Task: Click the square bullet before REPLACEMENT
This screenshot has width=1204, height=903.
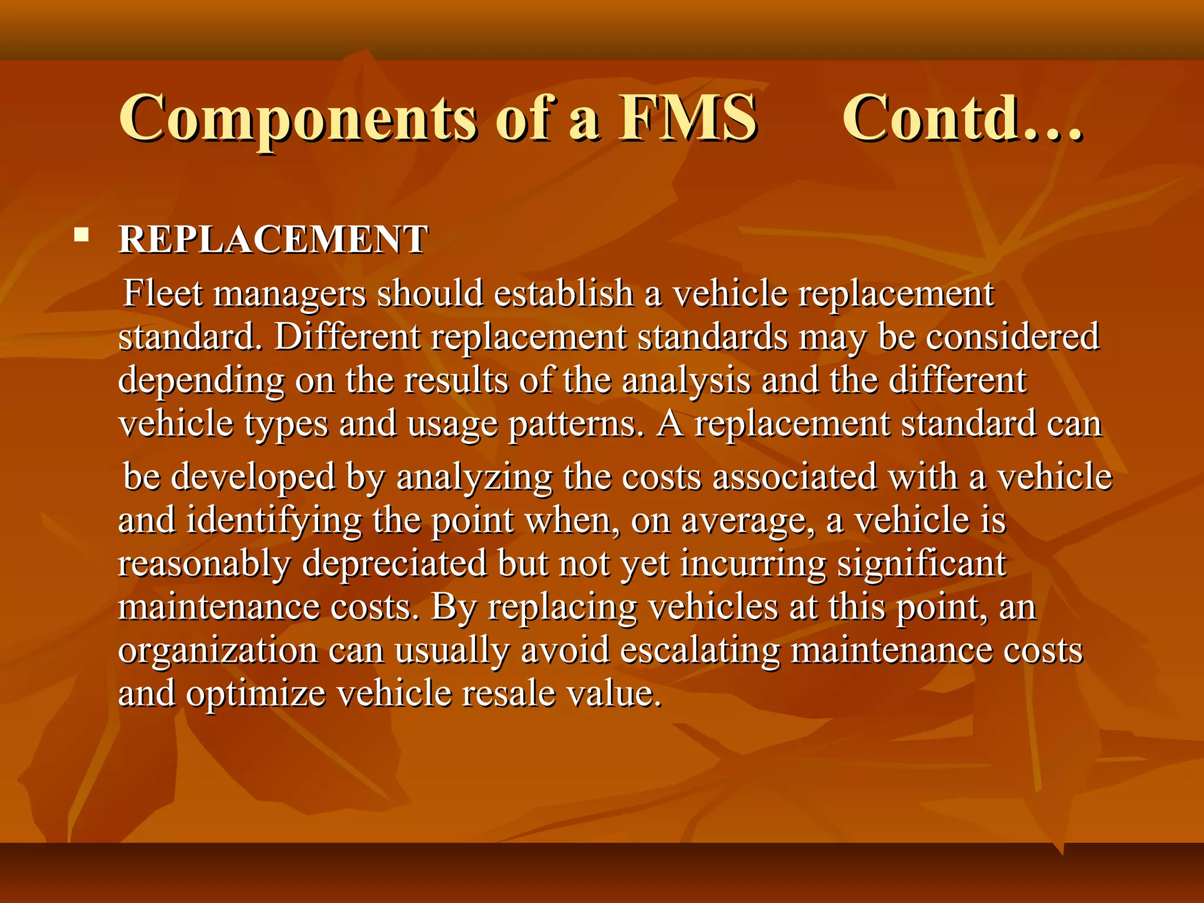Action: click(x=82, y=236)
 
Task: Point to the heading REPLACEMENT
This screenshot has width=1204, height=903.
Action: click(x=273, y=240)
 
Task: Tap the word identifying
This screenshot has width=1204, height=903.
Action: click(x=274, y=521)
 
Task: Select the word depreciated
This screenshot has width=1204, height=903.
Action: click(x=394, y=563)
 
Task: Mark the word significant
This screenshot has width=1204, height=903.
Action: click(x=921, y=563)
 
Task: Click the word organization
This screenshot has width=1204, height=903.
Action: click(x=218, y=650)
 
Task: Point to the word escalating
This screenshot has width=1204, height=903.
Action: click(x=700, y=650)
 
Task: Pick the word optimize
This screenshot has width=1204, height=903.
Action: click(x=256, y=694)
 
